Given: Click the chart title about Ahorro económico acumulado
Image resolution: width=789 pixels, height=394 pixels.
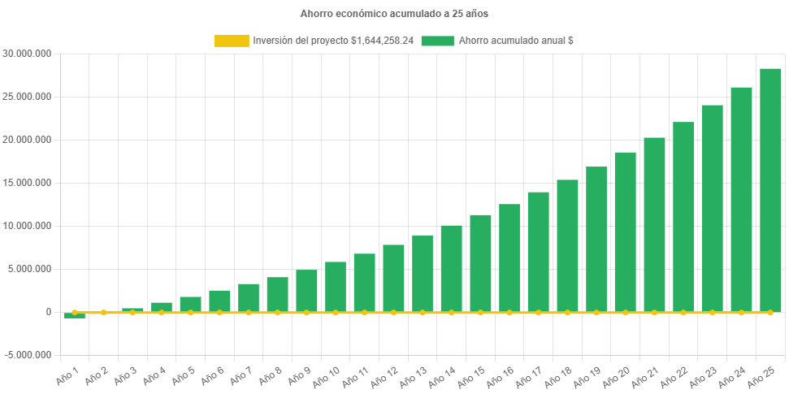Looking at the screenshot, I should pyautogui.click(x=394, y=14).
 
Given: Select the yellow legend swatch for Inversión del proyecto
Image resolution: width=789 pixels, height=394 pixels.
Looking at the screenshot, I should pyautogui.click(x=231, y=41).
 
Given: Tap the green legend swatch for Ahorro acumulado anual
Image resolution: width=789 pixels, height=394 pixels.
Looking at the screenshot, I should pyautogui.click(x=437, y=41).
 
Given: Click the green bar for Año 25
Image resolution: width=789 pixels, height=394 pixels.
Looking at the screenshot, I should pyautogui.click(x=770, y=190).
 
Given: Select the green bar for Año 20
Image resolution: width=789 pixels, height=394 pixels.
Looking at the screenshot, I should pyautogui.click(x=625, y=232).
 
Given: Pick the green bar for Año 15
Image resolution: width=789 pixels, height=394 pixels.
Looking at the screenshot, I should pyautogui.click(x=480, y=263).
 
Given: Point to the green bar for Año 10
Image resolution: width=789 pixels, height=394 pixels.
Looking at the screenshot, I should pyautogui.click(x=336, y=286).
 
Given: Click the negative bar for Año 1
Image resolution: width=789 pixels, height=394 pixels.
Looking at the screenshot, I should pyautogui.click(x=75, y=316).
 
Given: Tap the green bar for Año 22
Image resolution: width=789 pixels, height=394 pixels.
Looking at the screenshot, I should pyautogui.click(x=683, y=217).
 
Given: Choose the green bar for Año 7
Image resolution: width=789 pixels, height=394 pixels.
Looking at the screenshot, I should pyautogui.click(x=249, y=297).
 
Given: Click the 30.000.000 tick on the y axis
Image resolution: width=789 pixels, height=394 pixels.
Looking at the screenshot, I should pyautogui.click(x=27, y=54).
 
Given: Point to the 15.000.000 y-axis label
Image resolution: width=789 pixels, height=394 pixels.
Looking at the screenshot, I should pyautogui.click(x=27, y=183).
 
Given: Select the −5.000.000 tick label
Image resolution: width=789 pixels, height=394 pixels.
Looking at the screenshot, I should pyautogui.click(x=27, y=355).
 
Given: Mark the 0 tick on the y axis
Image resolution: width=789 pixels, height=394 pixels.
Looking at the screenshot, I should pyautogui.click(x=49, y=312).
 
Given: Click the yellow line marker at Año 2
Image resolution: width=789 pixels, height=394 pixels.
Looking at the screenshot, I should pyautogui.click(x=103, y=312).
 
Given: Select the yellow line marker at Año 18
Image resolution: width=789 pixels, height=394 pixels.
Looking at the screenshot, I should pyautogui.click(x=567, y=312).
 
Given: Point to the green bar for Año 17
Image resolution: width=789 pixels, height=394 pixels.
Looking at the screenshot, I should pyautogui.click(x=538, y=251).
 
